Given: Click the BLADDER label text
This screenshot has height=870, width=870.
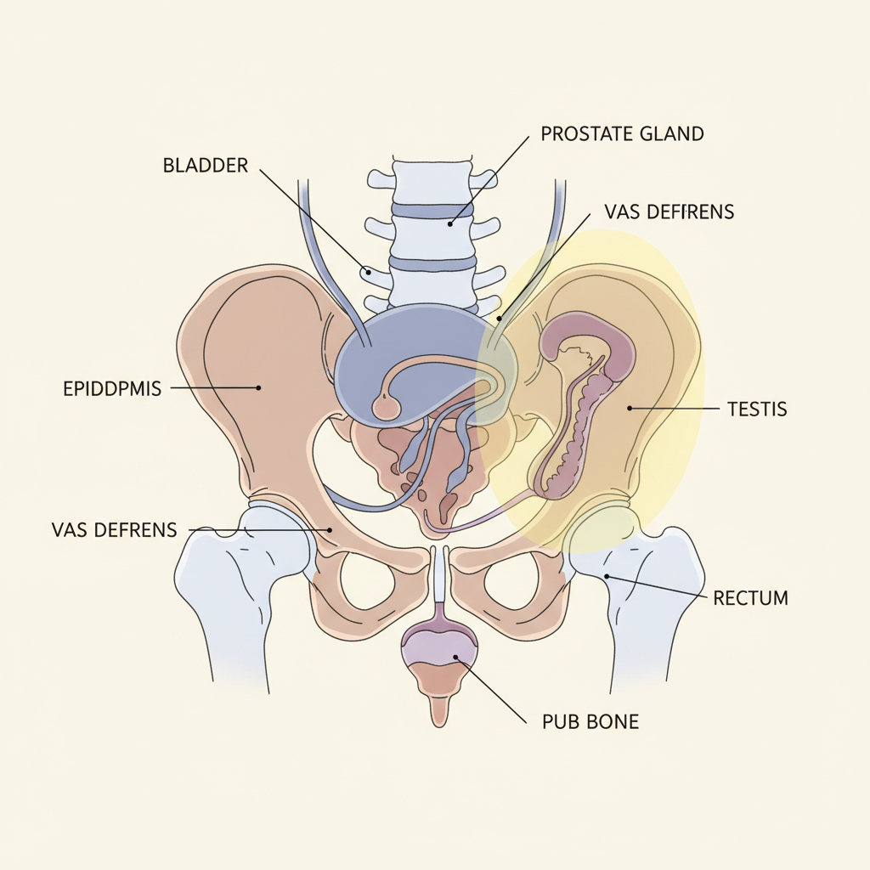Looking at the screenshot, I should [205, 166].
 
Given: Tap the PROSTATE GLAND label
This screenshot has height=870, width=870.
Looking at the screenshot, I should [622, 133].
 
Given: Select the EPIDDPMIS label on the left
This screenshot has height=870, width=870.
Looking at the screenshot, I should [112, 389].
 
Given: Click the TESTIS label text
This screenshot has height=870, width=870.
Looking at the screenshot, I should [757, 410].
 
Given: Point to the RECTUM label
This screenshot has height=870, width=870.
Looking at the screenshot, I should [750, 598].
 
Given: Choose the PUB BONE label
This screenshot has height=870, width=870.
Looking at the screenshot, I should [590, 723].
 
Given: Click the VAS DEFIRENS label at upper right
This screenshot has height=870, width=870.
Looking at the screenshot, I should [669, 212].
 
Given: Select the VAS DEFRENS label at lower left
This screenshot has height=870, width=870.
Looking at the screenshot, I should [114, 530].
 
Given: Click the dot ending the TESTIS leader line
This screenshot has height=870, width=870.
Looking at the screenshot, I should [630, 409].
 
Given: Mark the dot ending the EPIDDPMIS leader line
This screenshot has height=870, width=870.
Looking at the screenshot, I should [258, 388].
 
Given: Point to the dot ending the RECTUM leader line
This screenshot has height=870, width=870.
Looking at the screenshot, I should [607, 576].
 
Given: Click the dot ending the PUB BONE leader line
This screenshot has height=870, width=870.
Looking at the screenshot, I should [456, 657].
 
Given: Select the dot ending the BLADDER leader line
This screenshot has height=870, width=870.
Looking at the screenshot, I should [367, 273].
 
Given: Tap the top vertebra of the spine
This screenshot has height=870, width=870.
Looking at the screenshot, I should [432, 180].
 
